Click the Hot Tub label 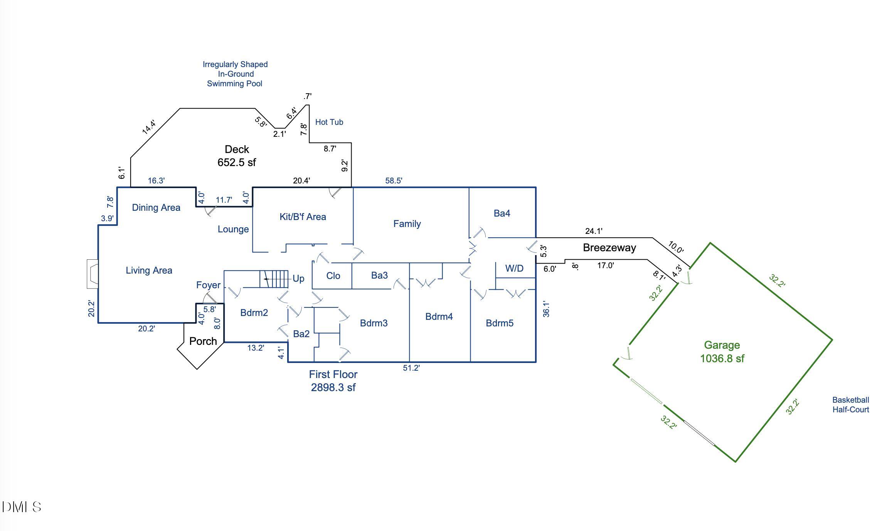coord(329,122)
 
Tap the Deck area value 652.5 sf coord(237,162)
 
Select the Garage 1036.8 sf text coord(722,352)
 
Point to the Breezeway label coord(609,248)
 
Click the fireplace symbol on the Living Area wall coord(93,274)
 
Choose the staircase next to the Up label coord(274,279)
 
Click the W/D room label coord(514,269)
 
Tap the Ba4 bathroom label coord(502,213)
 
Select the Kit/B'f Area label coord(303,217)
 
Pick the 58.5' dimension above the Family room coord(394,181)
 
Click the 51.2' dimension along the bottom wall coord(411,368)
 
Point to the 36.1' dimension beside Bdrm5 coord(546,309)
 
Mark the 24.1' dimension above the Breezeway coord(594,231)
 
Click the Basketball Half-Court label coord(850,405)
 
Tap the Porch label coord(203,341)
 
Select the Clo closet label coord(333,276)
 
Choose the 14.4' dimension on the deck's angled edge coord(149,127)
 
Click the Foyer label coord(208,285)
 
